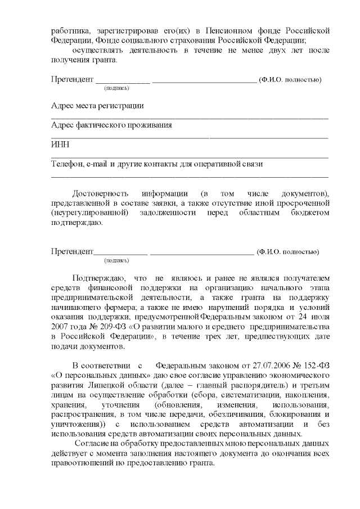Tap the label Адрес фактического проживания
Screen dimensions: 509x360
111,125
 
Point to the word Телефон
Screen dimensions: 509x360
66,164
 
